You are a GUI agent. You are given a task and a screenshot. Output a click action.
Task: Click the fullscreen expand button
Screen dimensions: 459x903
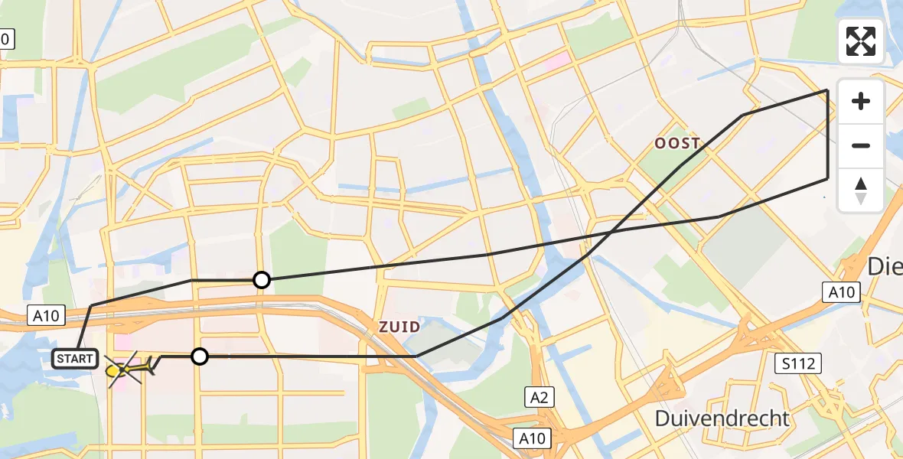tap(861, 41)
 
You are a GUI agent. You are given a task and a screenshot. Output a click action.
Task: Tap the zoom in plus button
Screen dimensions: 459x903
tap(861, 101)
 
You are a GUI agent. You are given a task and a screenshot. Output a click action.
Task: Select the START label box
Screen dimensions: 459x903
tap(75, 358)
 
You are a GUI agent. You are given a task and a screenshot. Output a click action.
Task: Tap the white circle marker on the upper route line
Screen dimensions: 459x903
tap(262, 280)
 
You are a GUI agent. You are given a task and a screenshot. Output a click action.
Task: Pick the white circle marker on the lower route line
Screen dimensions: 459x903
tap(199, 356)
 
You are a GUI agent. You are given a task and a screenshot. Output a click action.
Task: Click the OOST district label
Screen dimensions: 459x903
tap(677, 143)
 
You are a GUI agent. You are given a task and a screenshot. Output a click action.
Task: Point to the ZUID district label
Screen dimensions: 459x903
tap(399, 327)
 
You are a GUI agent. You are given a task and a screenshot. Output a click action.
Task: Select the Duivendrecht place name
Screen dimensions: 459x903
tap(722, 418)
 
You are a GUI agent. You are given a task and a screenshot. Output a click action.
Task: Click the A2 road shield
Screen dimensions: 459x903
tap(539, 396)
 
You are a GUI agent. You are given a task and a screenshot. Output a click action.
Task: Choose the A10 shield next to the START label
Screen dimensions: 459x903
tap(47, 314)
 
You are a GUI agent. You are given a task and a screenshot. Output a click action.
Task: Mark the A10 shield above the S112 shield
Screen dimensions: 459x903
tap(842, 291)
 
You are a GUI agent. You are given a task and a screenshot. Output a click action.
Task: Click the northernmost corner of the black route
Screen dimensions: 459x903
tap(827, 90)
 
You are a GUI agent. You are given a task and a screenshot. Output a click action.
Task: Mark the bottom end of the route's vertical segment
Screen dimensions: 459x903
tap(827, 178)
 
